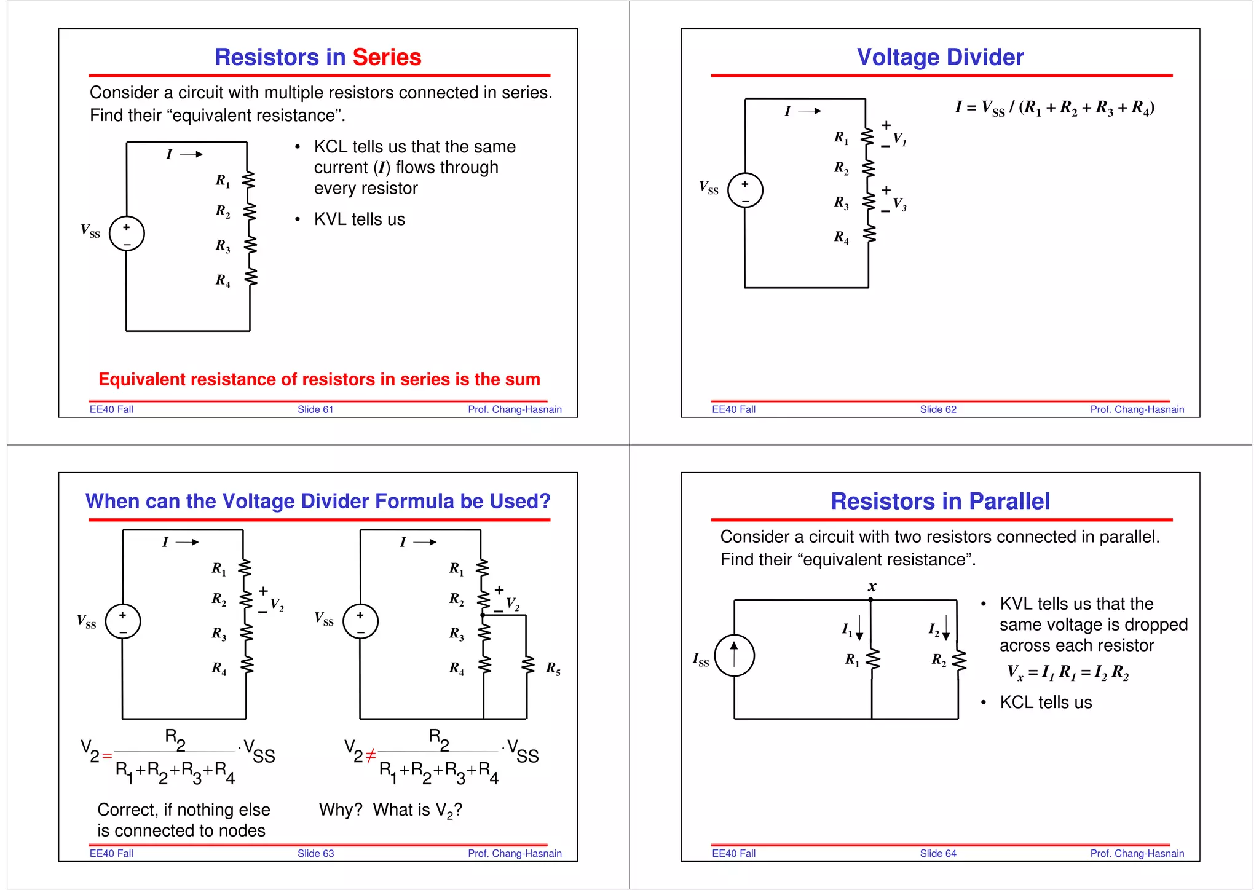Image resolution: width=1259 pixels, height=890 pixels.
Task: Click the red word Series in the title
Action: [387, 57]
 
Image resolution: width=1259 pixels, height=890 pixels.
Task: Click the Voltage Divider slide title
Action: [940, 57]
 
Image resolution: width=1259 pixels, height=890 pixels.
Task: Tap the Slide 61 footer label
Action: [315, 409]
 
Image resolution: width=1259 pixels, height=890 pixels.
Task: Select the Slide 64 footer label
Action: [937, 853]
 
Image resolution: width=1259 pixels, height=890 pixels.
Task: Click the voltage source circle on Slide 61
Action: [127, 234]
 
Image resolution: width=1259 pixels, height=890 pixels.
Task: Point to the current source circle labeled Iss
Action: [734, 656]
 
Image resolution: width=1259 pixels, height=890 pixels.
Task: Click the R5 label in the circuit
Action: [553, 668]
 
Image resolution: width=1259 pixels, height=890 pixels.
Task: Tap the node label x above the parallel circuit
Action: [872, 586]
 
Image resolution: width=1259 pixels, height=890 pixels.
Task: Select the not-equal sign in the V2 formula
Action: [371, 755]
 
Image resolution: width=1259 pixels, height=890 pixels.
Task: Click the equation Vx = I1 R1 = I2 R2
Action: [1068, 672]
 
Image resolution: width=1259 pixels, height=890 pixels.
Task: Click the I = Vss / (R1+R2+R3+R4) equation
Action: [1054, 108]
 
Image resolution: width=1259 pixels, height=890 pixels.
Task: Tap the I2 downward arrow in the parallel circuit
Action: [947, 628]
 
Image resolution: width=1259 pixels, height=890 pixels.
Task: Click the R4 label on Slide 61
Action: [223, 280]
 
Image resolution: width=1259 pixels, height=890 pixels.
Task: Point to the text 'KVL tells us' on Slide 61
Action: [360, 219]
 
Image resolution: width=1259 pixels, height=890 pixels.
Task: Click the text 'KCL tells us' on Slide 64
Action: [1046, 703]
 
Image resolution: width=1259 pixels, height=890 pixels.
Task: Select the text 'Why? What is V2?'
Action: [390, 810]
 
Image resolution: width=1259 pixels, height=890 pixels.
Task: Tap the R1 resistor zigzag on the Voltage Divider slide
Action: [867, 136]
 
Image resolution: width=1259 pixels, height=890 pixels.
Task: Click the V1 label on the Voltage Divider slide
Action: [899, 139]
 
